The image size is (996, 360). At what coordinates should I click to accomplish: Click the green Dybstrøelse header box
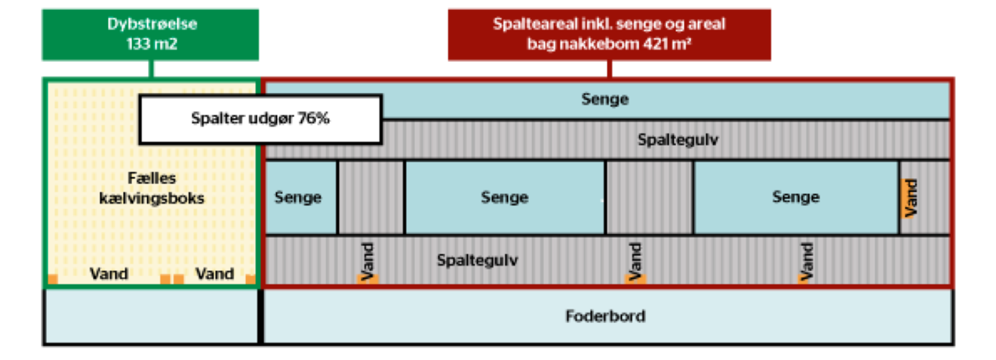click(x=151, y=34)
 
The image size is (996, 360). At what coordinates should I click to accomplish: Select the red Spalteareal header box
click(x=609, y=34)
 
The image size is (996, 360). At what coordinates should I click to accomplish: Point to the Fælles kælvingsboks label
click(x=152, y=189)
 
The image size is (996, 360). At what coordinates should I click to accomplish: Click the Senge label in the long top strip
click(x=604, y=99)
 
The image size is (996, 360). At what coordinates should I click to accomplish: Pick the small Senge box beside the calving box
click(x=298, y=198)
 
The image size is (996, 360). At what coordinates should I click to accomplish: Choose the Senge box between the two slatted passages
click(x=504, y=198)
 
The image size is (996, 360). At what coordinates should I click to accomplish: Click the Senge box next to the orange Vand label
click(x=795, y=197)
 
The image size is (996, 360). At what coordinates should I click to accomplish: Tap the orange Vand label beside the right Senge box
click(x=910, y=197)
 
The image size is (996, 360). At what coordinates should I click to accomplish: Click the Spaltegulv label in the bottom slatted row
click(x=471, y=260)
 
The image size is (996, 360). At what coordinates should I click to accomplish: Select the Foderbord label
click(x=605, y=315)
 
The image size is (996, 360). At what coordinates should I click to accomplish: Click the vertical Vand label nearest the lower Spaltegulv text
click(x=367, y=261)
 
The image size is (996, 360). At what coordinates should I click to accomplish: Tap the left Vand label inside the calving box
click(x=109, y=274)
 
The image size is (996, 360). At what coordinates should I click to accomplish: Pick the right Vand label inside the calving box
click(x=215, y=274)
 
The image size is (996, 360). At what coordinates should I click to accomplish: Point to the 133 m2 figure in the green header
click(x=151, y=44)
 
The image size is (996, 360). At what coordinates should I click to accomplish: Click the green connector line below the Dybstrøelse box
click(x=151, y=69)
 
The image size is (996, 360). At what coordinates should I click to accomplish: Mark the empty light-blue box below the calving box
click(x=151, y=316)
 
